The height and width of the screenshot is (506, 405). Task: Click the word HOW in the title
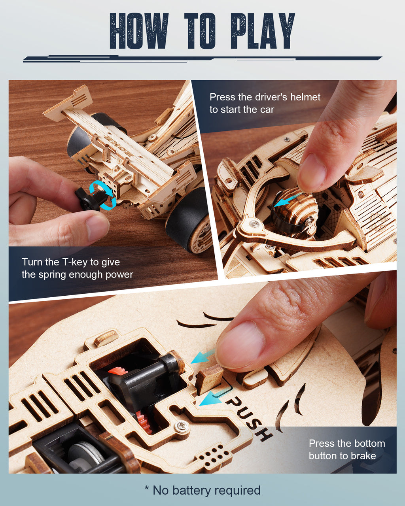[x=139, y=31]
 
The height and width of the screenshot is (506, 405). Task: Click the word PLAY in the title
[x=263, y=31]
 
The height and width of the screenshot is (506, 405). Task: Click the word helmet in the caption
[x=305, y=97]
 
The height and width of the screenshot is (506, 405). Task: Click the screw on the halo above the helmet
[x=255, y=224]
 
